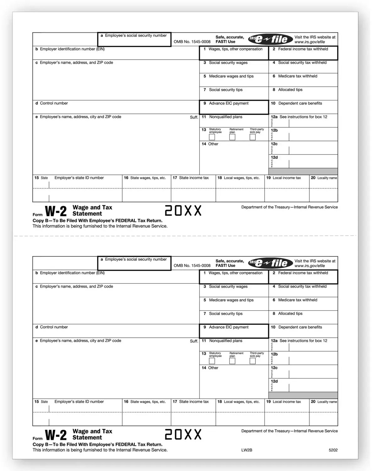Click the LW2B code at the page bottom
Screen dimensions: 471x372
(247, 450)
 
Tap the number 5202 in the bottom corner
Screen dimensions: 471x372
(333, 450)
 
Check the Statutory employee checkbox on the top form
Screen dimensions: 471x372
(212, 137)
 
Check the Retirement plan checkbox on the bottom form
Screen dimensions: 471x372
(232, 361)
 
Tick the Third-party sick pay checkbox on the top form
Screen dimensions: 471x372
(253, 137)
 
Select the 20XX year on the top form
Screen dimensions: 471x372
(183, 211)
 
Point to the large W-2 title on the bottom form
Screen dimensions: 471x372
(56, 435)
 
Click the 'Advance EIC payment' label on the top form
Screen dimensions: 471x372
(228, 103)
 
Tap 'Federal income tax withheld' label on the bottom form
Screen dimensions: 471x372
(303, 273)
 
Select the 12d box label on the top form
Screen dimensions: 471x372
(274, 157)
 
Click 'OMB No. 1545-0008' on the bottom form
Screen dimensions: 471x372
(192, 266)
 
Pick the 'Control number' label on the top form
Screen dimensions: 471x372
(54, 103)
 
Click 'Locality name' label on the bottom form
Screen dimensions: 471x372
(327, 402)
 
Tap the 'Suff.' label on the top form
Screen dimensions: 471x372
(194, 117)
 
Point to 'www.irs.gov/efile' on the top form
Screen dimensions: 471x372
(309, 42)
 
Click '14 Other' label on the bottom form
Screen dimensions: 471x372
(210, 368)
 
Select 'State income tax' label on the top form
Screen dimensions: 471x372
(194, 178)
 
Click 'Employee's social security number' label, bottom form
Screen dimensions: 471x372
(135, 259)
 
